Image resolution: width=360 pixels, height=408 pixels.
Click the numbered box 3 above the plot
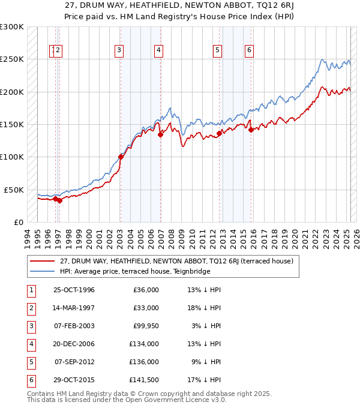click(119, 51)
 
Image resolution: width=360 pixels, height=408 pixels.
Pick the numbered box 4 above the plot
click(158, 51)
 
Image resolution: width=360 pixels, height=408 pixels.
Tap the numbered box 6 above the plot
click(248, 51)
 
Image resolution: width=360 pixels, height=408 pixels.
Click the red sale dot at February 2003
click(121, 157)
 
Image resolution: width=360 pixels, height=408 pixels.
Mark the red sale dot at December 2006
click(160, 135)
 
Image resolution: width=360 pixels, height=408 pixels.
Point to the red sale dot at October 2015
click(251, 130)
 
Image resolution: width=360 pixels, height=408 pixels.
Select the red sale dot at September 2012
click(219, 134)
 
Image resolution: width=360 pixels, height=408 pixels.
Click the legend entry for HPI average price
click(135, 271)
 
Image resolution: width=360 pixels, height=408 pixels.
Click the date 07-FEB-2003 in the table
click(74, 326)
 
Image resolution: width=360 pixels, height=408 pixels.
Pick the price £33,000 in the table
click(146, 308)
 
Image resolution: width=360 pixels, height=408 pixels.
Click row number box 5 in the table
click(31, 362)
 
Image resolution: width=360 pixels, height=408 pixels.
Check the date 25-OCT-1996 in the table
click(74, 290)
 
